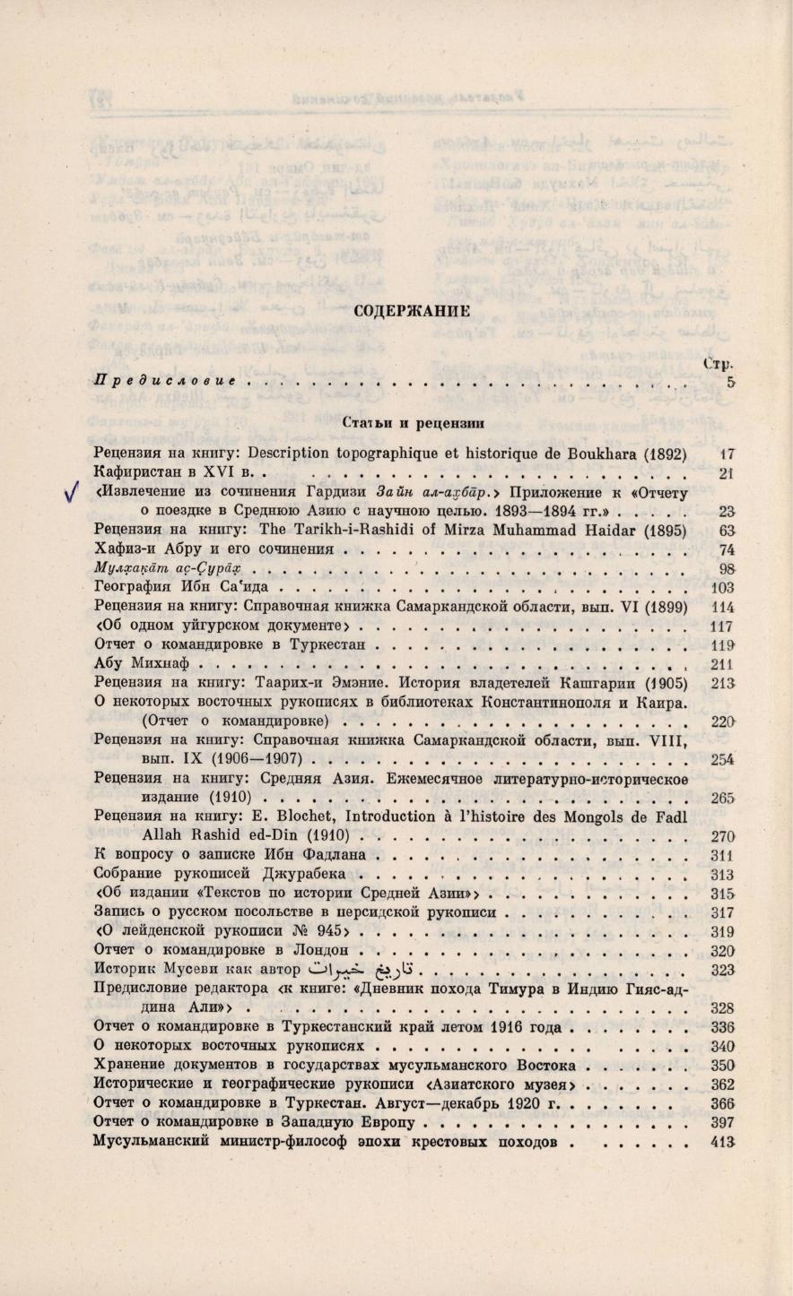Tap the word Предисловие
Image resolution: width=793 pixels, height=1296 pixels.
165,381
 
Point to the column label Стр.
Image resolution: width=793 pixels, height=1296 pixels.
719,363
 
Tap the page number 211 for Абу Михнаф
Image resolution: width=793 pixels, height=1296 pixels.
722,665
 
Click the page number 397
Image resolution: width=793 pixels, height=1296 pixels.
722,1123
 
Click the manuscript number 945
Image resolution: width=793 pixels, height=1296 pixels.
309,930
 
